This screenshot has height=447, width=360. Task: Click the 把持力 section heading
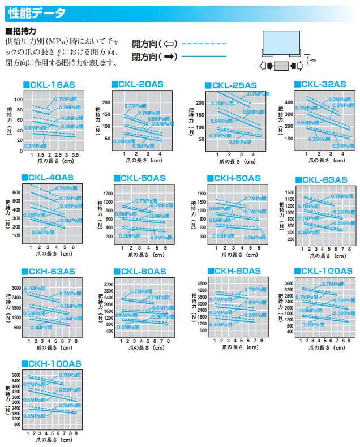[23, 31]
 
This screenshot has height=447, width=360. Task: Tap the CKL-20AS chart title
[140, 84]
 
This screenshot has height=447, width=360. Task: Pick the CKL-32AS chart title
[323, 84]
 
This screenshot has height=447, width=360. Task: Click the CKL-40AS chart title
[50, 177]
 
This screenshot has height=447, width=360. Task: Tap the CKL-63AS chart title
[324, 180]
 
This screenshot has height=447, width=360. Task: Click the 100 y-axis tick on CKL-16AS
[18, 99]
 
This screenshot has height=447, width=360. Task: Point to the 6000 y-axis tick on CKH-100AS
[16, 375]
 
